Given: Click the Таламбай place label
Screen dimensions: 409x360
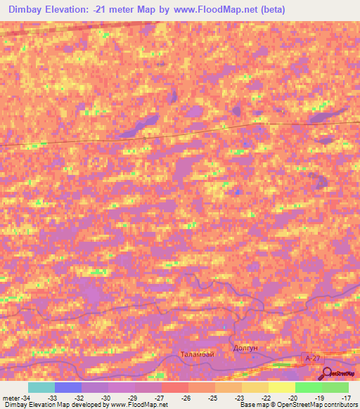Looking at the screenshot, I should pyautogui.click(x=196, y=354).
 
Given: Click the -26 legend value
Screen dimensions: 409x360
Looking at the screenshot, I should pyautogui.click(x=186, y=397).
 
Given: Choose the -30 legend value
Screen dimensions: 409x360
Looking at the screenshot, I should pyautogui.click(x=105, y=397).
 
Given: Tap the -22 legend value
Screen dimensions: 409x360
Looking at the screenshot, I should pyautogui.click(x=266, y=397).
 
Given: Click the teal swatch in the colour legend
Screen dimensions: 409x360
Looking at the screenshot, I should pyautogui.click(x=41, y=387).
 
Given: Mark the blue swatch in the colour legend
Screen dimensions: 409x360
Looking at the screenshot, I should pyautogui.click(x=67, y=387).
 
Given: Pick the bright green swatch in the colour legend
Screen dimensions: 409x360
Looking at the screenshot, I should pyautogui.click(x=308, y=387).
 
